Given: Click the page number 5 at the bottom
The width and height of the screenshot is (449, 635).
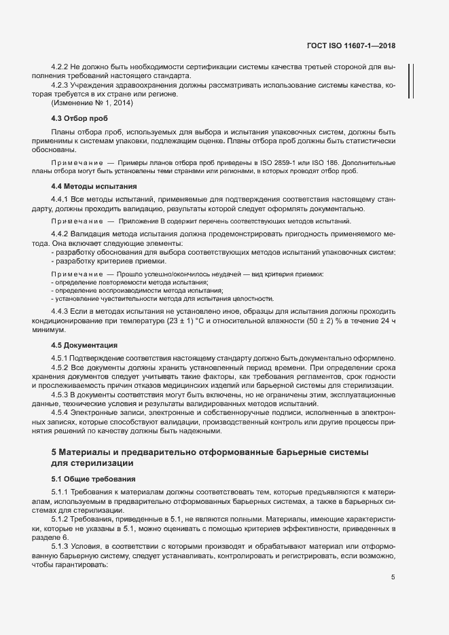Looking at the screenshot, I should point(393,577).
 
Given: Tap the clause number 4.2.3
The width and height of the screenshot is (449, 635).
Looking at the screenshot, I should point(61,86).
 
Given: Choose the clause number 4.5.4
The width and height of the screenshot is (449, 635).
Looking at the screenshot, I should point(61,412).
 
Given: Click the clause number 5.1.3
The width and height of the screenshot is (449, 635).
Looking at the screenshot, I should point(61,546).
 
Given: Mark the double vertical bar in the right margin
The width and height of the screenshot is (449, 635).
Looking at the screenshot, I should point(410,81).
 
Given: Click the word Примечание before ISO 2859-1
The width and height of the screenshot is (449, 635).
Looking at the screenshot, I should point(74,163).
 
